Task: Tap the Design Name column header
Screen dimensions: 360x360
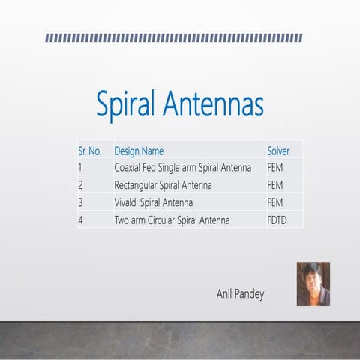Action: click(x=139, y=151)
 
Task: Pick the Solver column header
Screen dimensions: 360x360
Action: click(x=278, y=151)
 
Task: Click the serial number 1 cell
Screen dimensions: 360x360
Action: click(x=80, y=167)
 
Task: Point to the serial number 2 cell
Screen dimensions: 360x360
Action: click(x=80, y=184)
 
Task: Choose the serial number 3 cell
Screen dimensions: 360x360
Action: click(x=80, y=202)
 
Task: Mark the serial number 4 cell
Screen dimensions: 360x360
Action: click(x=80, y=220)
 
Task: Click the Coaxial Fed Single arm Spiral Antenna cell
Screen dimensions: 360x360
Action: click(x=182, y=167)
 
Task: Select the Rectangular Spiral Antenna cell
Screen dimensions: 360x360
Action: click(x=163, y=184)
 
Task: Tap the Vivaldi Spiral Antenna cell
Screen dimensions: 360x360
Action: click(x=153, y=202)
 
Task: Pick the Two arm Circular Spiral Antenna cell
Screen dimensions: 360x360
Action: click(x=172, y=220)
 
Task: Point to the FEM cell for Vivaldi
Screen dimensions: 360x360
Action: click(x=274, y=202)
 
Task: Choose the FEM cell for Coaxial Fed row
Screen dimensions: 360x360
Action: click(x=274, y=167)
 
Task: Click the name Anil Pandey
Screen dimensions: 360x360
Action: click(x=240, y=294)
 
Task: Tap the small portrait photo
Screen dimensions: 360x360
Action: click(x=313, y=283)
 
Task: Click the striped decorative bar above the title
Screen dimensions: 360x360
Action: click(x=173, y=37)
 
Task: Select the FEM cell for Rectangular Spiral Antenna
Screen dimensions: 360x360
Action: click(x=274, y=184)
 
